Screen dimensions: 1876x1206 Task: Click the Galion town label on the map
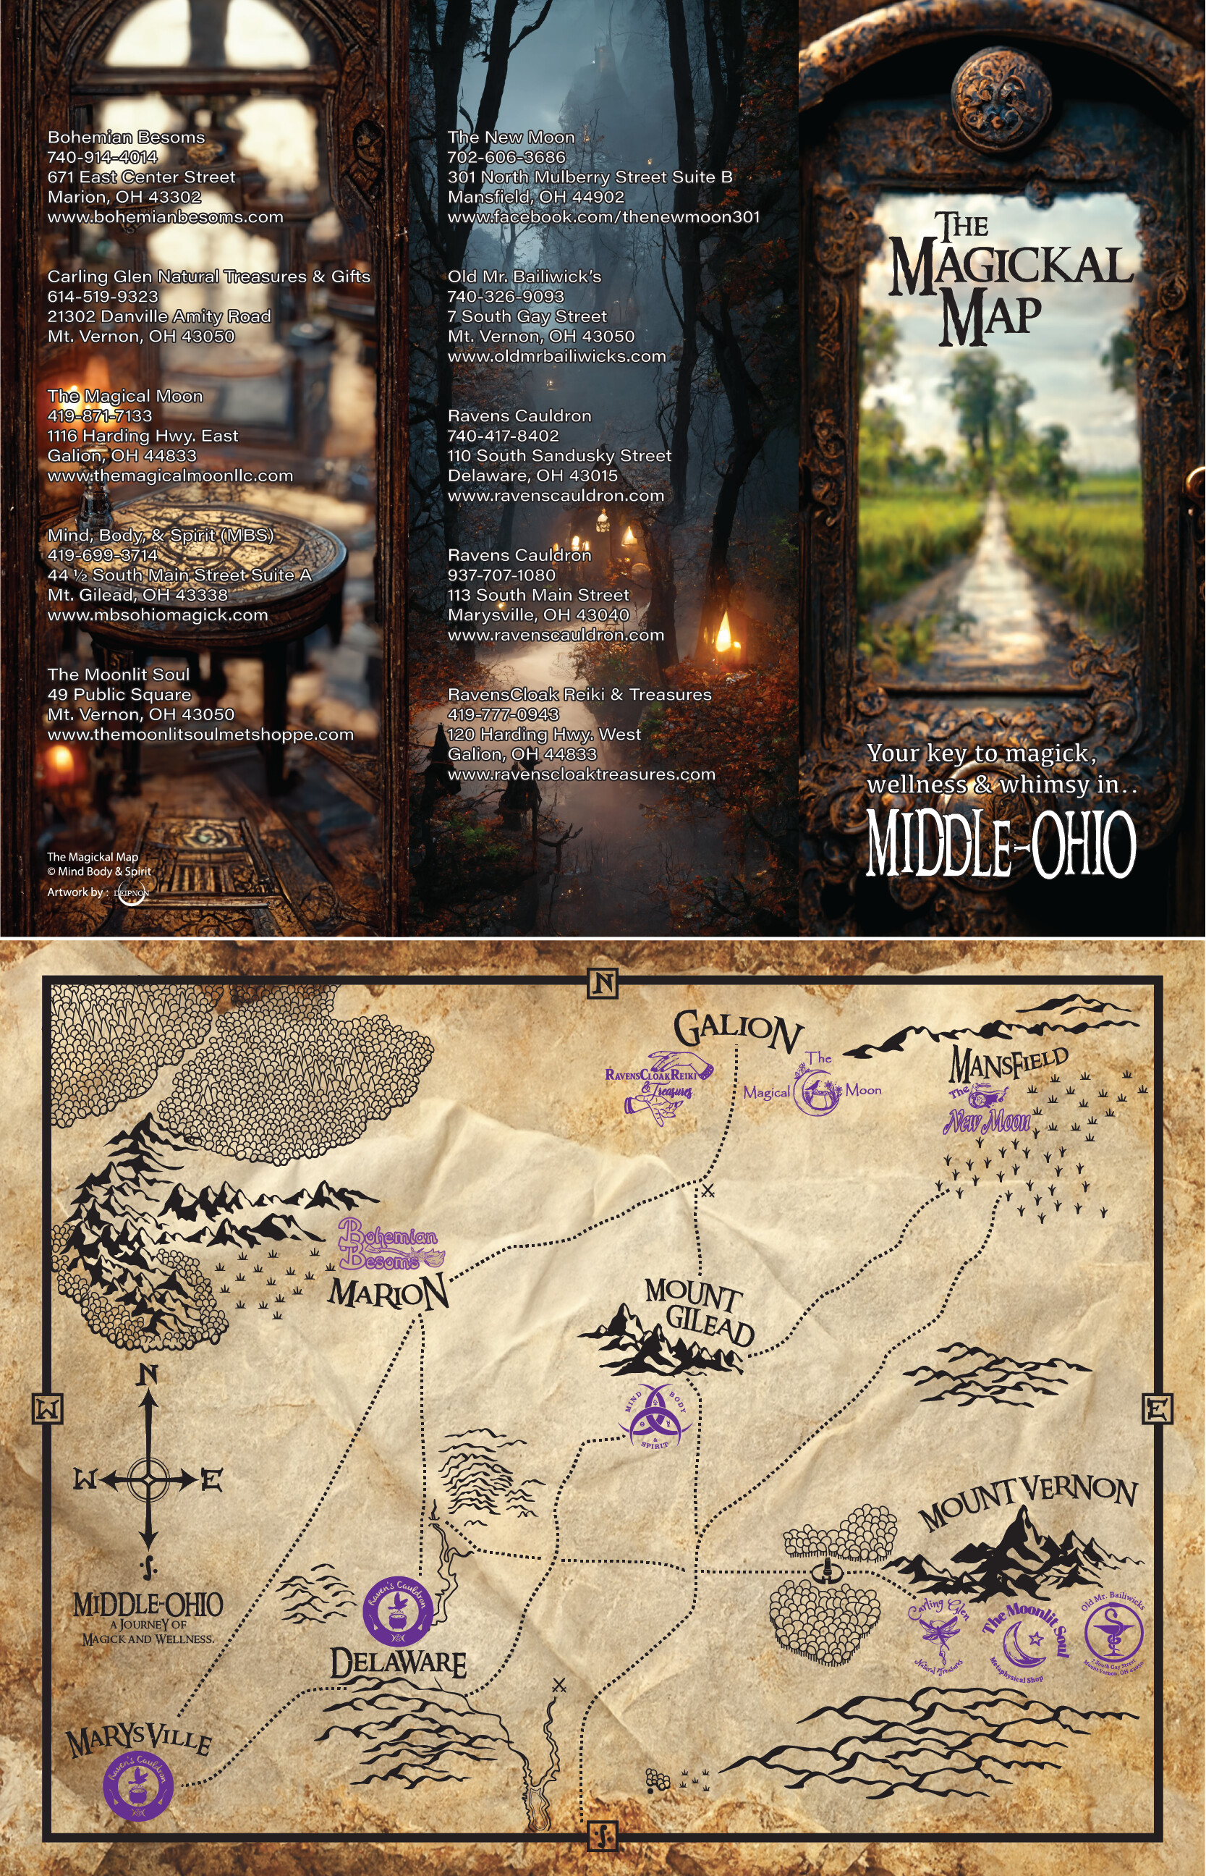[737, 1030]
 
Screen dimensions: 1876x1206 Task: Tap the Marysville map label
[139, 1740]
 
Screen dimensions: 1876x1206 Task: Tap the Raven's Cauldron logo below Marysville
[138, 1786]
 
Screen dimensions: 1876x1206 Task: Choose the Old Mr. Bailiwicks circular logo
[1113, 1634]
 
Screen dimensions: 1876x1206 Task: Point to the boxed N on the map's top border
[602, 984]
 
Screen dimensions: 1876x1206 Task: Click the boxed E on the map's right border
[1158, 1409]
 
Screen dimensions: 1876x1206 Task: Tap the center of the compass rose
[148, 1479]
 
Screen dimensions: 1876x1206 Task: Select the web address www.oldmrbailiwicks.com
[557, 356]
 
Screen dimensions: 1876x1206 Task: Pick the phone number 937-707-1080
[501, 575]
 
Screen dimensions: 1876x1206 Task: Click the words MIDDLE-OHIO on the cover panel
[1000, 845]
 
